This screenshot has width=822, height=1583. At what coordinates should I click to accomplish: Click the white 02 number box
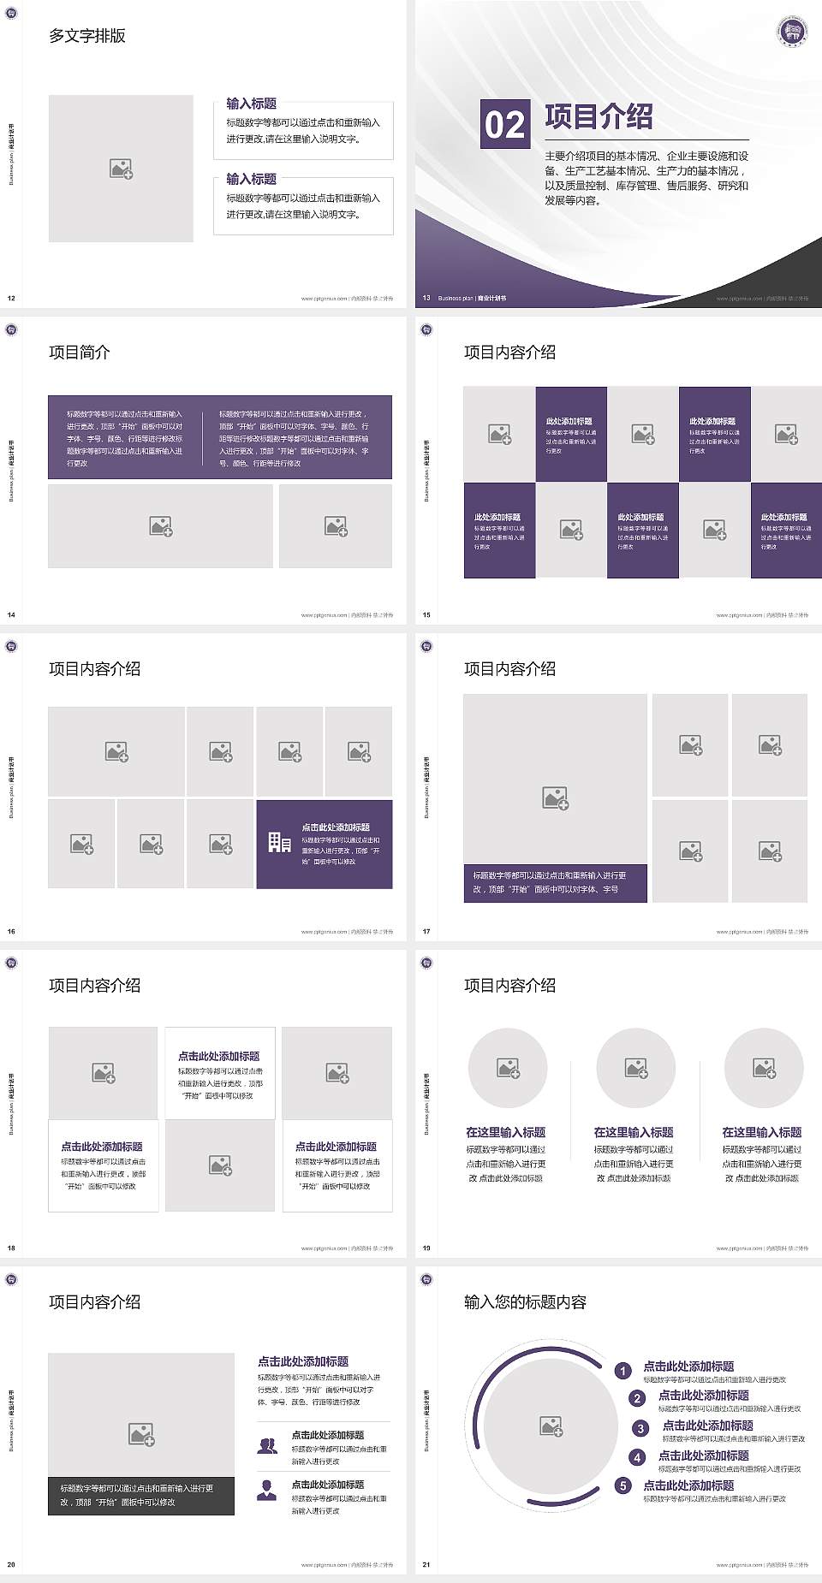(x=504, y=124)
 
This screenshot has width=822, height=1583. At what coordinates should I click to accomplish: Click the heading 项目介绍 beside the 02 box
(x=599, y=116)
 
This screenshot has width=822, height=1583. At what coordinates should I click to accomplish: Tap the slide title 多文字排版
(x=87, y=36)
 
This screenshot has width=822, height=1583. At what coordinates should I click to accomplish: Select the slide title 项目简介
(x=80, y=353)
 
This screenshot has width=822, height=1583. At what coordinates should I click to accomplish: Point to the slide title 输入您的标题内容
(x=525, y=1302)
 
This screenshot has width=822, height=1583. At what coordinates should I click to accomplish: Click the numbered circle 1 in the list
(x=623, y=1371)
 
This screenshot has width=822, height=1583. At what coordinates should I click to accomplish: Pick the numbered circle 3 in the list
(x=640, y=1428)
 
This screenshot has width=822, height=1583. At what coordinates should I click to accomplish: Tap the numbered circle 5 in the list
(x=623, y=1485)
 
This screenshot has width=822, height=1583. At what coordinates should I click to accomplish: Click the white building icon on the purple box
(x=279, y=843)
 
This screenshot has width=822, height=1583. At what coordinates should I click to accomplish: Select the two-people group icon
(x=267, y=1445)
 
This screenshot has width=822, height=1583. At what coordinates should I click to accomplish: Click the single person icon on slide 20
(x=267, y=1491)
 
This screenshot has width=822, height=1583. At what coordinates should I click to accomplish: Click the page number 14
(x=11, y=614)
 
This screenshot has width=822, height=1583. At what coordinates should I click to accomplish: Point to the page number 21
(x=426, y=1564)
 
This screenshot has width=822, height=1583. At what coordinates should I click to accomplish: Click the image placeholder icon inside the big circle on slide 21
(x=551, y=1426)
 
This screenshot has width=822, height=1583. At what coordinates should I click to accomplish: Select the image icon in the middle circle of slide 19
(x=636, y=1068)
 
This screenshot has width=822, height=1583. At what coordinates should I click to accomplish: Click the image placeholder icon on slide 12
(x=121, y=169)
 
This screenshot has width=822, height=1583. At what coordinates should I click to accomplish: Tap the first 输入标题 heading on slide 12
(x=251, y=104)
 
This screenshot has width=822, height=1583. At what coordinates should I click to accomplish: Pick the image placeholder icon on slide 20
(x=141, y=1434)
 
